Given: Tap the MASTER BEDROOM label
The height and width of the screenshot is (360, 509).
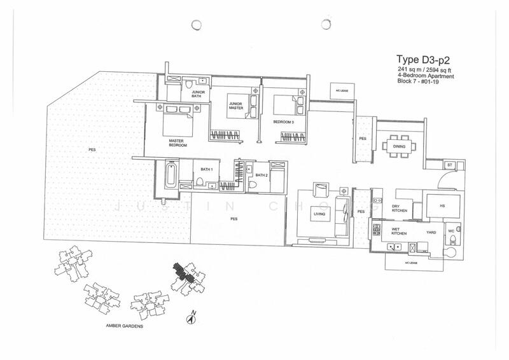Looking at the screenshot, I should [x=178, y=143].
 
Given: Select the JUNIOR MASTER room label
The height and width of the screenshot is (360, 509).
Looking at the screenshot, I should [x=237, y=107].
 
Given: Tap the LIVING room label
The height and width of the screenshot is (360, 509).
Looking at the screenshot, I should [x=320, y=214].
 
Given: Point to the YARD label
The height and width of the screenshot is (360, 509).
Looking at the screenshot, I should [x=431, y=233].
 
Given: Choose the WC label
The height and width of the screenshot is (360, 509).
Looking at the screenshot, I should [x=452, y=232].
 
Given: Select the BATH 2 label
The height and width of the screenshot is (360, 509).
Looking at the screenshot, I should [x=261, y=175].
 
